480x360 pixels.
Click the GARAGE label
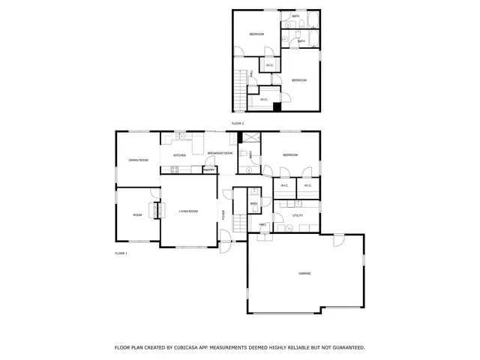click(304, 274)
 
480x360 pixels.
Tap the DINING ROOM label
click(138, 160)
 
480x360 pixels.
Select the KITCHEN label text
click(179, 155)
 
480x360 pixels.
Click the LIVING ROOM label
click(188, 211)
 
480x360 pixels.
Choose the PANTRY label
click(208, 169)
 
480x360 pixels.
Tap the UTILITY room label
click(298, 216)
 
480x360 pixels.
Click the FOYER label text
click(223, 215)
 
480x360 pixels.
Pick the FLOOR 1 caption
click(121, 253)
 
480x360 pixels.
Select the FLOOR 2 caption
click(238, 123)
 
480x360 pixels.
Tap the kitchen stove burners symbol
click(174, 169)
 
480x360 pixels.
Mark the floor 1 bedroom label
click(290, 155)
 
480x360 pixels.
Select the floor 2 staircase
click(241, 88)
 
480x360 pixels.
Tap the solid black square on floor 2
click(277, 106)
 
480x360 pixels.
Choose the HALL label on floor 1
click(263, 224)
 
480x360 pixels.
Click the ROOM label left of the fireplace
click(137, 215)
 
